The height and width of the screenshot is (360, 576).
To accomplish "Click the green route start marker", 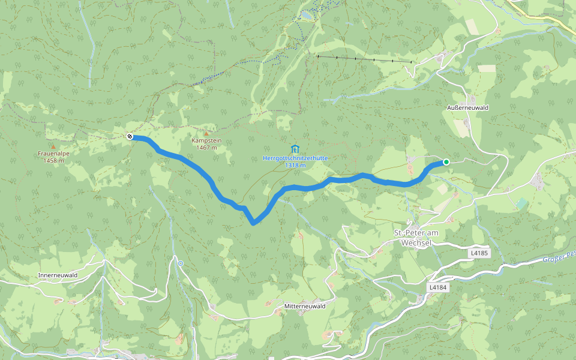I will pyautogui.click(x=446, y=162).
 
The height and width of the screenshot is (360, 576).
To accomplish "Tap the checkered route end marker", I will pyautogui.click(x=129, y=137).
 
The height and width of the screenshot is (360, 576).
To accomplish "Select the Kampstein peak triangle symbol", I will pyautogui.click(x=206, y=133).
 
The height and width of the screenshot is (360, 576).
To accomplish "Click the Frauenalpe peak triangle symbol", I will pyautogui.click(x=53, y=146).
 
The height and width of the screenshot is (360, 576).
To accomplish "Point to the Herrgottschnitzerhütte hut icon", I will pyautogui.click(x=294, y=148).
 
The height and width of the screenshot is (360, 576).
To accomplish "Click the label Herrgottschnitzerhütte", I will pyautogui.click(x=296, y=158).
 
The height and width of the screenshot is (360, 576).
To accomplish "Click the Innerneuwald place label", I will pyautogui.click(x=58, y=275).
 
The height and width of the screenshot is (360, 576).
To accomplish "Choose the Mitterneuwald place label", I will pyautogui.click(x=305, y=306).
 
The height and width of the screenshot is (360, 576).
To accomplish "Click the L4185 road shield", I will pyautogui.click(x=479, y=254).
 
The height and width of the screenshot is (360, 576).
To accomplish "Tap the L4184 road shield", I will pyautogui.click(x=438, y=288).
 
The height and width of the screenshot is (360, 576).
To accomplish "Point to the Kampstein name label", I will pyautogui.click(x=206, y=140).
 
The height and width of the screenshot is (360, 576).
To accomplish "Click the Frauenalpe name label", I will pyautogui.click(x=54, y=154).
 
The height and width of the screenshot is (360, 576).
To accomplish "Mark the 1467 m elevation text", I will pyautogui.click(x=206, y=148).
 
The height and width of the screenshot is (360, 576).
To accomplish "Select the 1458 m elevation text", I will pyautogui.click(x=54, y=161).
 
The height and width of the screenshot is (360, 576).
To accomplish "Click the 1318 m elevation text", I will pyautogui.click(x=296, y=165).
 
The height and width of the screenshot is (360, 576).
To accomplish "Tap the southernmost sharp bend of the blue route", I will pyautogui.click(x=254, y=223).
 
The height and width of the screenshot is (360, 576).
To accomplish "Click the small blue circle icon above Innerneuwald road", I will pyautogui.click(x=180, y=263).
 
